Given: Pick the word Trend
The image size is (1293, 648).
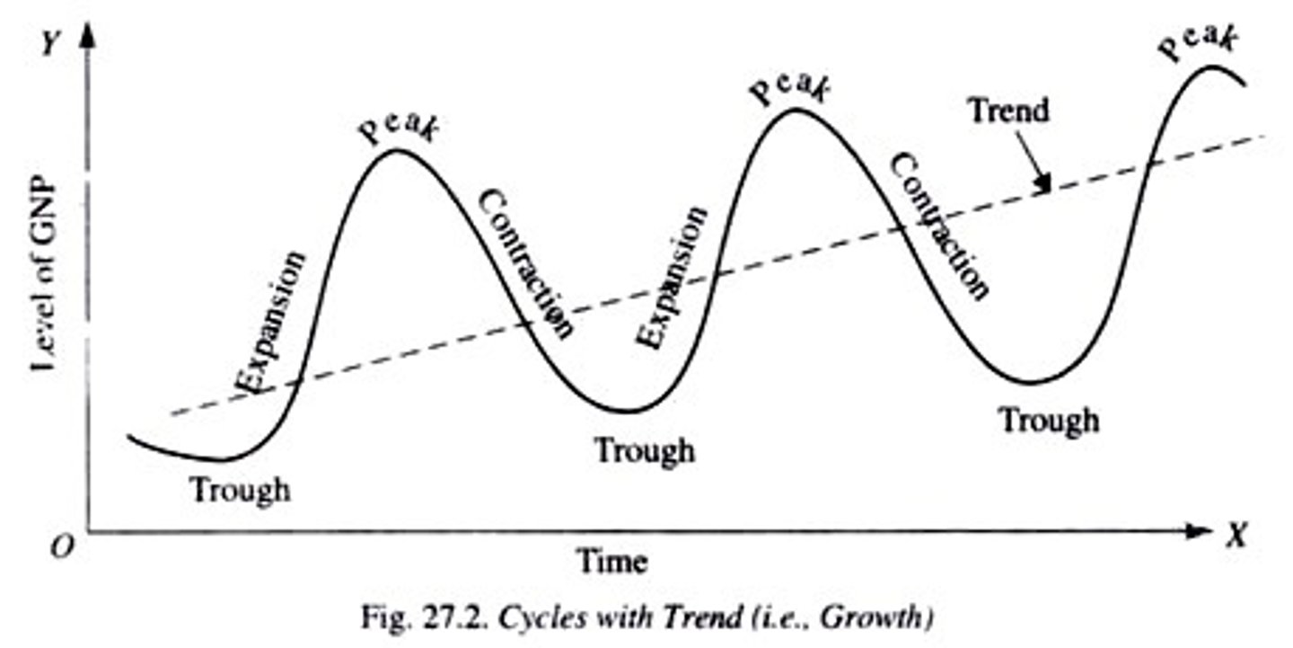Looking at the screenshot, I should point(1008,111).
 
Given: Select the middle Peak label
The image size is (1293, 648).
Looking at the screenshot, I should point(790,87).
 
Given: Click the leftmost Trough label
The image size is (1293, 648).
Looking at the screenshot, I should point(240,490).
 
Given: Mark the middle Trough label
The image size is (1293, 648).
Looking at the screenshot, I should point(646,449).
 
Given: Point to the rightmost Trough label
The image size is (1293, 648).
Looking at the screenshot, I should point(1049,419).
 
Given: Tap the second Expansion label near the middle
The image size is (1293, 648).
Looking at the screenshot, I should point(673,277).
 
